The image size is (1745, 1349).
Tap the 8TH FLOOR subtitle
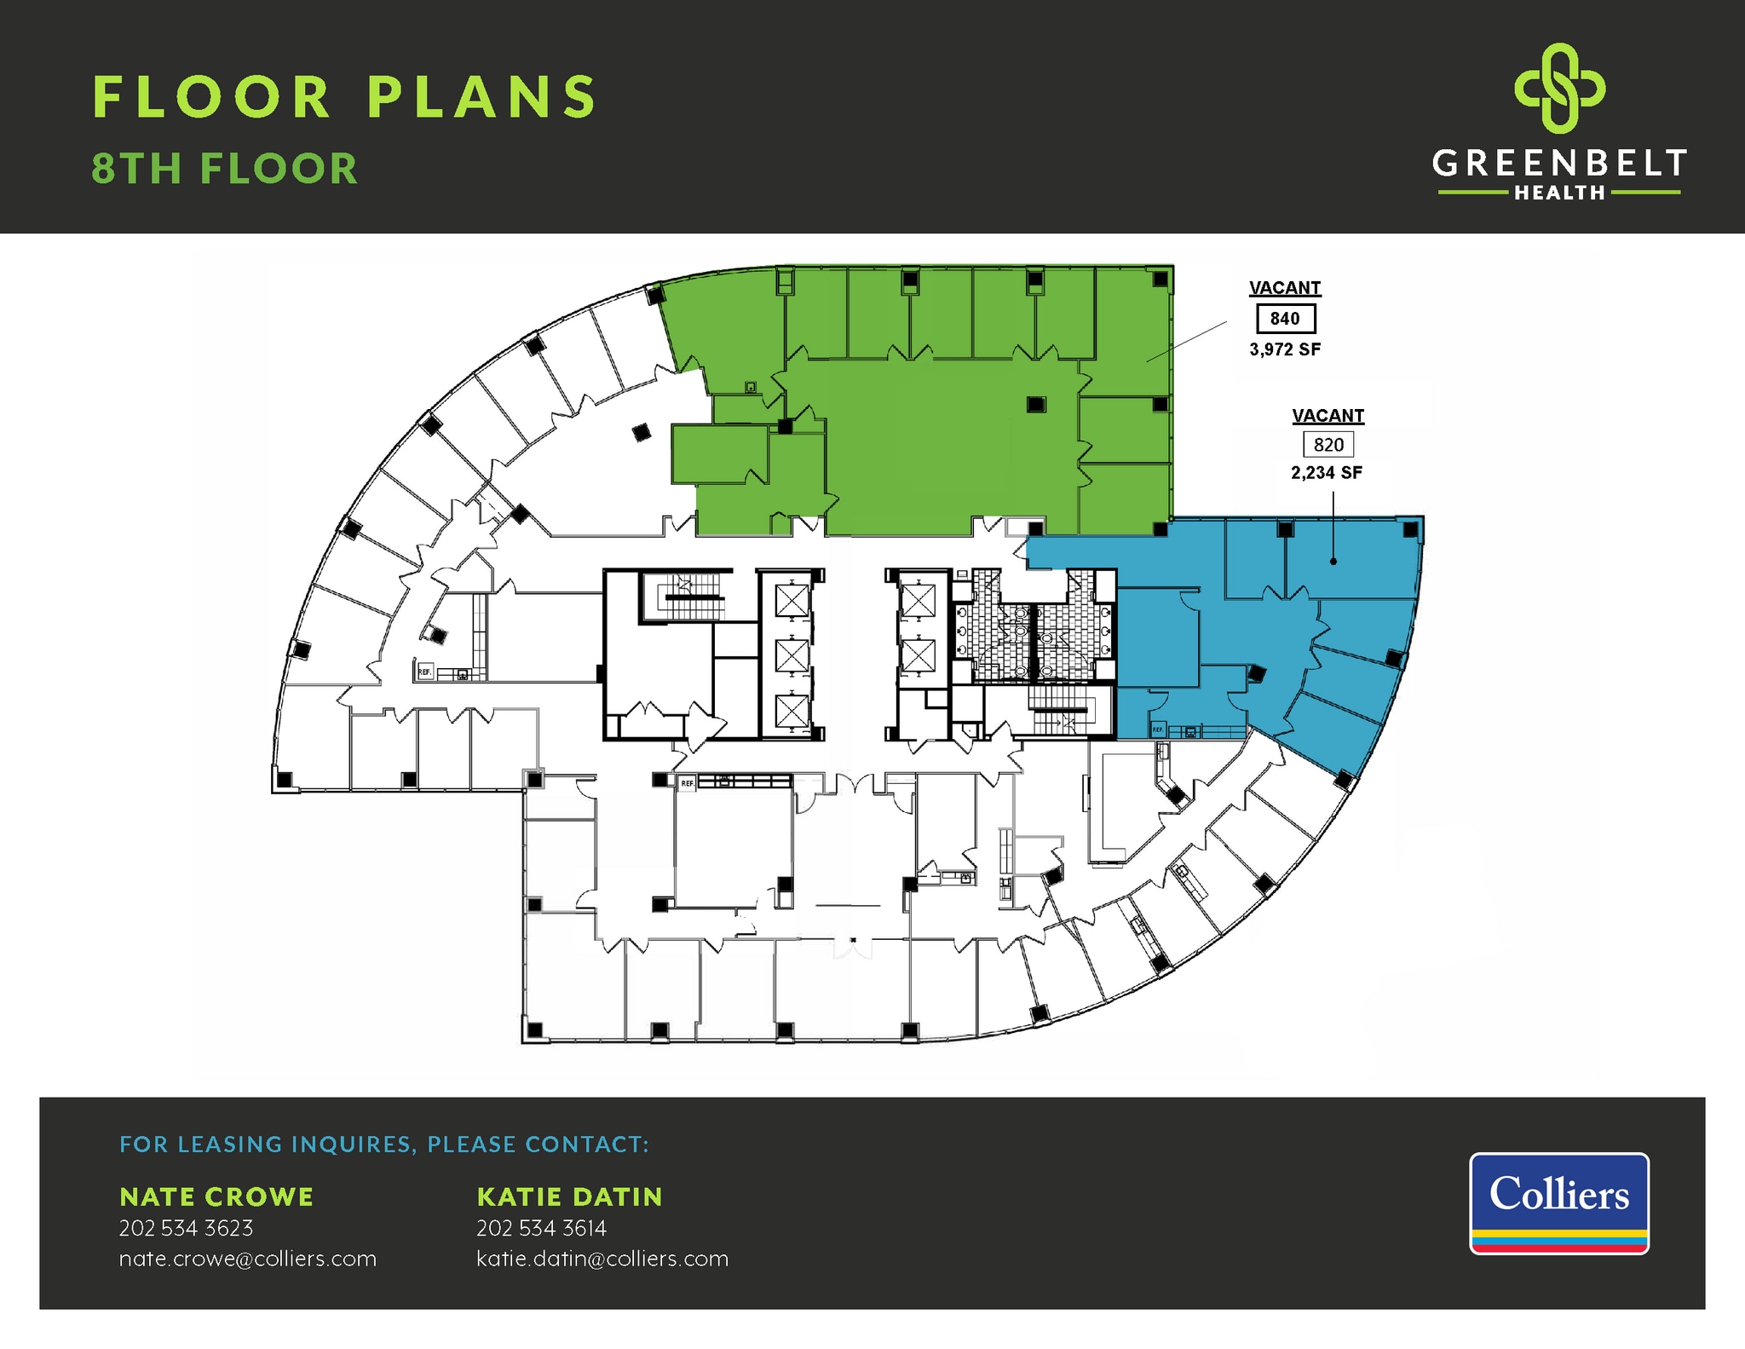[x=225, y=169]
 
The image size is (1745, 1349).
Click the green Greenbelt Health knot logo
[x=1559, y=89]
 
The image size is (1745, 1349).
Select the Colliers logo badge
[x=1559, y=1202]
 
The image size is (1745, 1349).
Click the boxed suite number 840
[x=1285, y=319]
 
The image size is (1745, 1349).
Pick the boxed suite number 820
[x=1328, y=445]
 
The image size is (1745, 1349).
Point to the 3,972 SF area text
[x=1285, y=349]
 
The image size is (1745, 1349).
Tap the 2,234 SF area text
[x=1327, y=473]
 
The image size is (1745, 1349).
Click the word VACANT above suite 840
[x=1285, y=288]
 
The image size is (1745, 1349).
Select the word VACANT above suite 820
[x=1327, y=416]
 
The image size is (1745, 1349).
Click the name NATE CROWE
[x=216, y=1196]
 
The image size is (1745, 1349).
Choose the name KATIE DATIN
[x=569, y=1196]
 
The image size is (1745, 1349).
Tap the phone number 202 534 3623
[x=186, y=1228]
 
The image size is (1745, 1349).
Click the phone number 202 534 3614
[x=541, y=1228]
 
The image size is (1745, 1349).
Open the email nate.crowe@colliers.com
[x=247, y=1259]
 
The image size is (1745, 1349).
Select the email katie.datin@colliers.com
[x=602, y=1259]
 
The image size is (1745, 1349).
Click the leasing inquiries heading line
[x=384, y=1144]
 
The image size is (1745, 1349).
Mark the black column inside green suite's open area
[x=1035, y=404]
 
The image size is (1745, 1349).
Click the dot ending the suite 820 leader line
[x=1333, y=561]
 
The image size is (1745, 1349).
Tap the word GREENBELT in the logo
[x=1559, y=164]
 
